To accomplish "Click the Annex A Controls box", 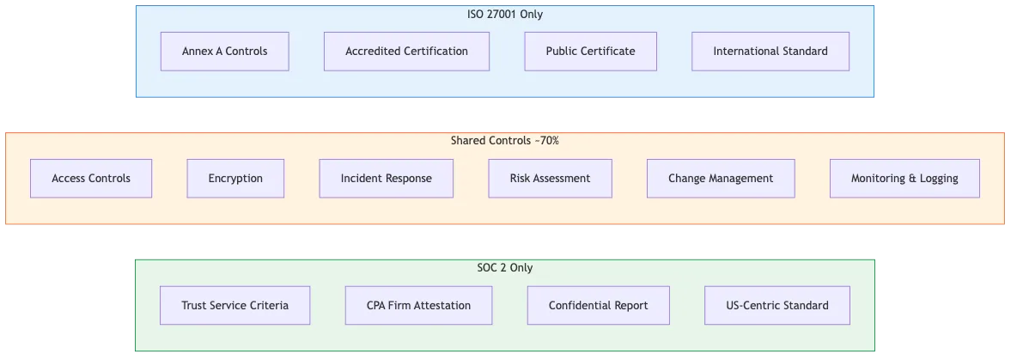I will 224,52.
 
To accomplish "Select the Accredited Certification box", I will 406,52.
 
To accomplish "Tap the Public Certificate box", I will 590,52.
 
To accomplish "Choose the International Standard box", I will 770,52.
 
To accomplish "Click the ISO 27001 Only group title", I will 504,15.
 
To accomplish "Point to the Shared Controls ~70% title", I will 504,141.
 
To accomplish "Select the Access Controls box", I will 91,179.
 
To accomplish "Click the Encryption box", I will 235,179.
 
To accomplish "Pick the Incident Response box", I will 386,179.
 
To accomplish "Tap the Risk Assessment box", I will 550,179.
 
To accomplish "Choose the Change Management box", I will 721,179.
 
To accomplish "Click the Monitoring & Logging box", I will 904,179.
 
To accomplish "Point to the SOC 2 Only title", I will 504,268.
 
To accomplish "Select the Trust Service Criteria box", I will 234,306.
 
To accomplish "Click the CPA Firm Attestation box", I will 418,306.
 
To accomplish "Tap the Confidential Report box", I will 598,306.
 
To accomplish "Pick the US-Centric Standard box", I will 776,306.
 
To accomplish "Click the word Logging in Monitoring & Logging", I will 938,179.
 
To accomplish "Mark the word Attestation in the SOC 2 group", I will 442,306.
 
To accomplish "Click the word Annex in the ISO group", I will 197,52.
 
